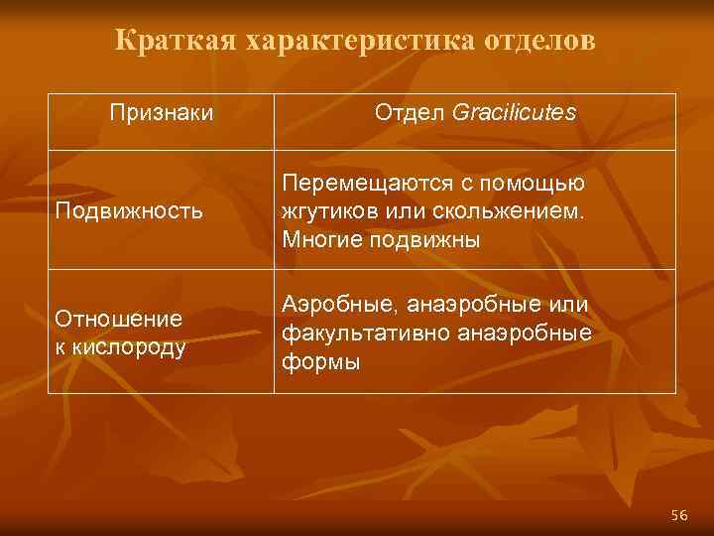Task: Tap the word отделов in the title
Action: (541, 41)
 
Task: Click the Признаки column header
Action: (161, 113)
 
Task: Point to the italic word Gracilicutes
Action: (513, 113)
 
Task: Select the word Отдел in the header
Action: (410, 113)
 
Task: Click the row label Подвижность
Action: (130, 210)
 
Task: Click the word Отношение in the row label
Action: (119, 320)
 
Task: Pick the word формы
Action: (321, 362)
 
